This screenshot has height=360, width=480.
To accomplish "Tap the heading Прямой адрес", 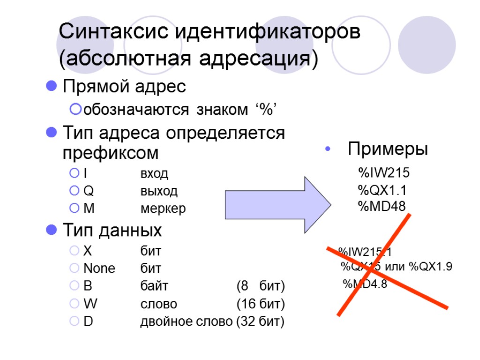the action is click(x=124, y=86).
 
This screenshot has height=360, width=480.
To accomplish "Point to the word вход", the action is click(x=154, y=174).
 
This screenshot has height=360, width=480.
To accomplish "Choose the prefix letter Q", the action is click(x=88, y=191).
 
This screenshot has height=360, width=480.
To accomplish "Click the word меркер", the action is click(x=163, y=209).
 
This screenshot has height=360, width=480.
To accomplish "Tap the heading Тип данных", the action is click(x=112, y=230).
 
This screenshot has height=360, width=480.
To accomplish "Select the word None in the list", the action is click(x=99, y=269).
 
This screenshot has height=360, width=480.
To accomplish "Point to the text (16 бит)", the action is click(x=261, y=304).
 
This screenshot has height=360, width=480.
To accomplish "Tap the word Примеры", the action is click(x=388, y=150).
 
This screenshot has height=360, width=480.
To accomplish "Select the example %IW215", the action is click(x=383, y=173).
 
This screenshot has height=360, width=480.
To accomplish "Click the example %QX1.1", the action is click(x=382, y=190).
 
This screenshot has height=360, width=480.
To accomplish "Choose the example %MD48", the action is click(x=381, y=206).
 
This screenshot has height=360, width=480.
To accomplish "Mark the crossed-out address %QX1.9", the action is click(x=430, y=267).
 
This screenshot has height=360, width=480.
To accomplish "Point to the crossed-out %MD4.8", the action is click(x=365, y=284).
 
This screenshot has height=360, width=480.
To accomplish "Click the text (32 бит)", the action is click(x=261, y=322).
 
